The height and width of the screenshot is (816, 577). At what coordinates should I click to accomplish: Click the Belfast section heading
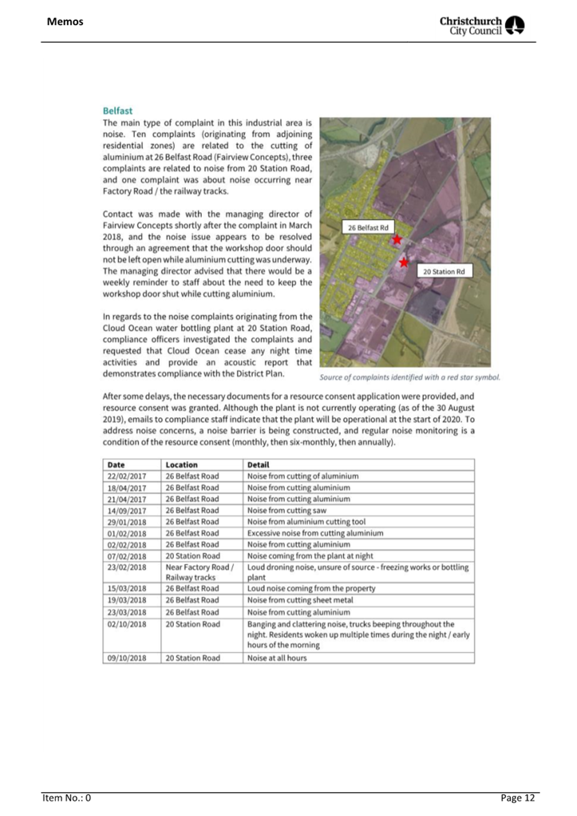point(117,111)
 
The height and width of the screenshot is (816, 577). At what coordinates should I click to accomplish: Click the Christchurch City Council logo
point(482,26)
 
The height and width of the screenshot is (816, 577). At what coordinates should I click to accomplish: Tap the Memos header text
point(65,22)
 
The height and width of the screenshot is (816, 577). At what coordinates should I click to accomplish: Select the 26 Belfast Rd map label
point(368,228)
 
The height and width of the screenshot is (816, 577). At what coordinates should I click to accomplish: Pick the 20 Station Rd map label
point(444,271)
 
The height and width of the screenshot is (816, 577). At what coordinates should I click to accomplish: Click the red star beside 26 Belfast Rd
point(397,239)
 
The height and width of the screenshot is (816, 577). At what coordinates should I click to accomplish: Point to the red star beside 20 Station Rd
point(404,262)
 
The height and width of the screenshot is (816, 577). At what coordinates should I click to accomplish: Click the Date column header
point(116,465)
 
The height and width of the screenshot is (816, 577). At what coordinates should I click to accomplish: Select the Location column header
point(181,465)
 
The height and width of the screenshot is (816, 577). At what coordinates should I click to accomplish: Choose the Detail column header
point(258,465)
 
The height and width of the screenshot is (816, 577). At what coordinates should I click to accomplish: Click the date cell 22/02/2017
point(127,476)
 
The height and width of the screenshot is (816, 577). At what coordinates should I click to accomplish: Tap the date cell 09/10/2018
point(127,657)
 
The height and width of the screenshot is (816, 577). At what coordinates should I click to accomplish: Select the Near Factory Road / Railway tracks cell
point(199,572)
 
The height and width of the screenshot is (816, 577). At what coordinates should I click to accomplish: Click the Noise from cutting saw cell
point(287,510)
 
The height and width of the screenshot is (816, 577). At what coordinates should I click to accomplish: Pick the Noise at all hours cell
point(277,657)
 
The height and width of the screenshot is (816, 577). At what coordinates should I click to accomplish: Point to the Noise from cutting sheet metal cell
point(300,600)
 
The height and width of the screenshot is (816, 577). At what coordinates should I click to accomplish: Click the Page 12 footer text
point(518,798)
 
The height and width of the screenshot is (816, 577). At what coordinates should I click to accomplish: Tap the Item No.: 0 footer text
point(67,798)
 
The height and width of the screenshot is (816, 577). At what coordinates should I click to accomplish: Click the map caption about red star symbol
point(409,377)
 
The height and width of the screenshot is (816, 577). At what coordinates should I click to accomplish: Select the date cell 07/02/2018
point(127,556)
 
